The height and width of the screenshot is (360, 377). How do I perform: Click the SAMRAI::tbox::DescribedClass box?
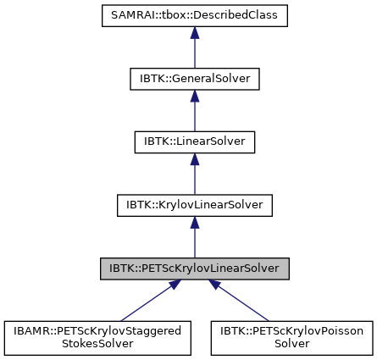point(194,16)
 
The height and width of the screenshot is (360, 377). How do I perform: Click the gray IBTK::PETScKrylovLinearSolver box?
point(194,268)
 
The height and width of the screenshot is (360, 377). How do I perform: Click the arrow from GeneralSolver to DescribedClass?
point(194,51)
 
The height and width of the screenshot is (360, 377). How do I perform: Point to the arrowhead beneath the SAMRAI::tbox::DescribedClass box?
point(194,33)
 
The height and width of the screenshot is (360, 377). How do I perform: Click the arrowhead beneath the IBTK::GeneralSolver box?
point(194,96)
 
